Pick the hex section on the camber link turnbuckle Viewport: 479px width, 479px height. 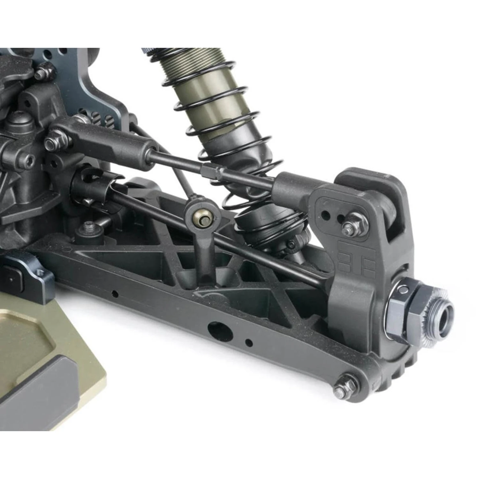click(x=211, y=170)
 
